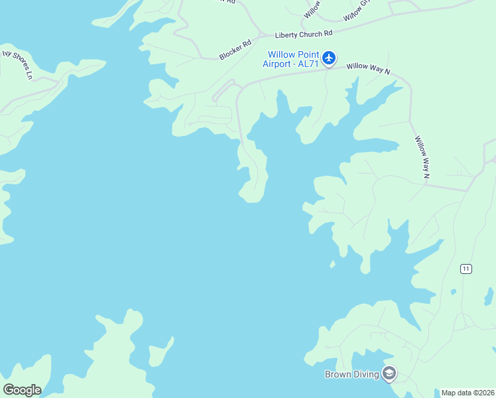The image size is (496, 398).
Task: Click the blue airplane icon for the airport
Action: (x=330, y=58)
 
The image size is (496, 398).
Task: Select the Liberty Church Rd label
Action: (x=304, y=33)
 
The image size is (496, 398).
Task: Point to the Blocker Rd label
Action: (x=235, y=49)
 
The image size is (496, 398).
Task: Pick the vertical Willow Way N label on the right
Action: (x=422, y=157)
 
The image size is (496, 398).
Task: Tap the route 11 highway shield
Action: (x=467, y=269)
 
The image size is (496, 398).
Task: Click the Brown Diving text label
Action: (x=351, y=374)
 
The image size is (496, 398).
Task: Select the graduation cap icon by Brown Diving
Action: (x=389, y=374)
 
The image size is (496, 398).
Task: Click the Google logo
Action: (x=22, y=390)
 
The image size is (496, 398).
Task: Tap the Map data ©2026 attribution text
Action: (x=467, y=393)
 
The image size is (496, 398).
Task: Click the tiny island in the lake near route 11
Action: (x=332, y=265)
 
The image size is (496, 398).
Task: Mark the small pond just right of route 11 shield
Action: (x=453, y=292)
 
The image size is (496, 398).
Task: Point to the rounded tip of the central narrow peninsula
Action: (x=251, y=198)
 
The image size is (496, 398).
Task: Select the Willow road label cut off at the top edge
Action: (x=312, y=8)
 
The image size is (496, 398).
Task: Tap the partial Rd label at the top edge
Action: (x=230, y=2)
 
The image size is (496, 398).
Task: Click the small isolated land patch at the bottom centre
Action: (x=162, y=350)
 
